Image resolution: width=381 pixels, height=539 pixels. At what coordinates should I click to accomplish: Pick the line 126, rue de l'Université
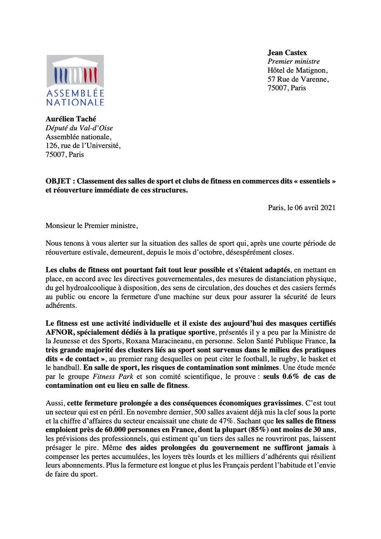83,146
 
